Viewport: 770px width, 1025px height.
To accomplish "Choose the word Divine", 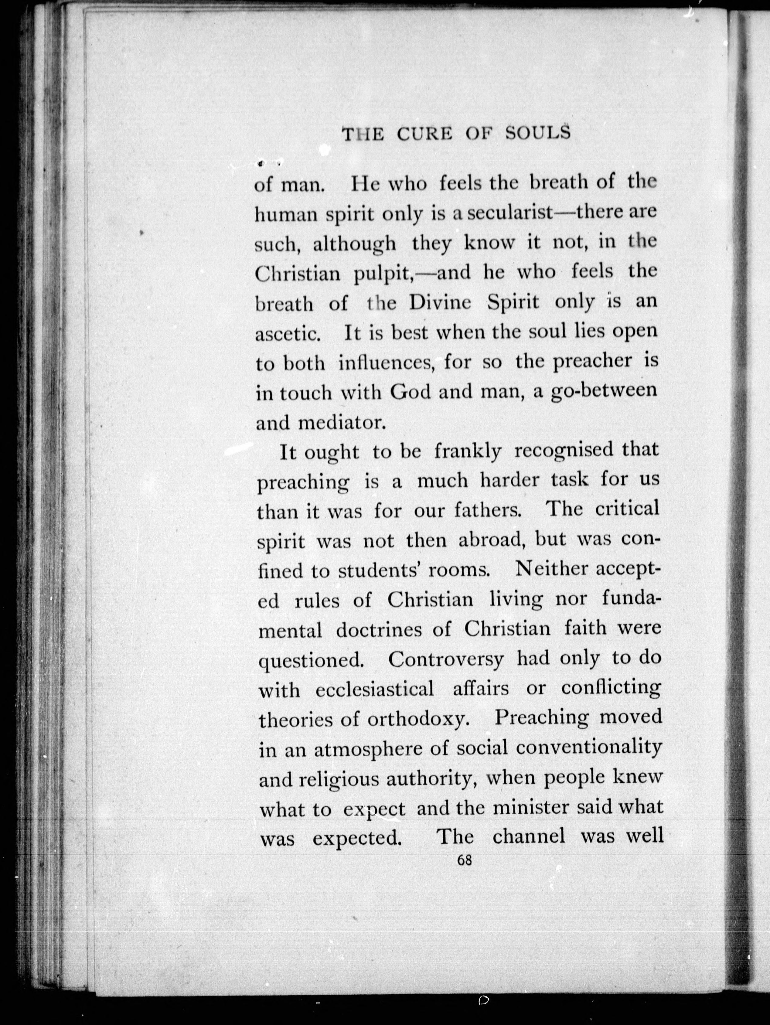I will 440,303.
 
